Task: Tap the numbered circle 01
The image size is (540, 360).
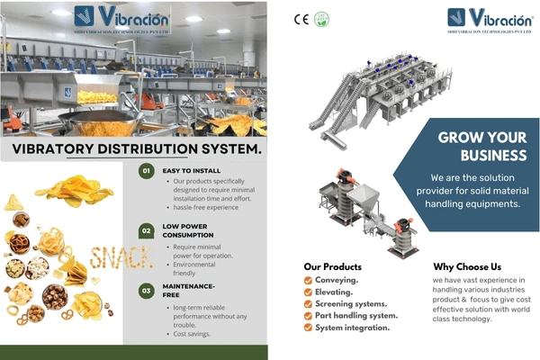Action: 147,169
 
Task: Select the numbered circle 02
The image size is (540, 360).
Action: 147,230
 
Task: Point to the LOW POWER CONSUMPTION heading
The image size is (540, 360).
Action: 187,230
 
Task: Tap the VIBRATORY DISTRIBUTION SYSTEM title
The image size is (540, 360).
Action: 136,148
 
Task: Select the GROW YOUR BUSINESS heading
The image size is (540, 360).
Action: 481,147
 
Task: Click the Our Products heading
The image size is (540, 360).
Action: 333,266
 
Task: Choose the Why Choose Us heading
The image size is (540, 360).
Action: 467,266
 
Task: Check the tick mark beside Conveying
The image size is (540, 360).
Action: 308,280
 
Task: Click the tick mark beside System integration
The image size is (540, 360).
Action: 308,328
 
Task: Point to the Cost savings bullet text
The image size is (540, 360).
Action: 196,334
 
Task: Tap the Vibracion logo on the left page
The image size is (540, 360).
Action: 121,18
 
